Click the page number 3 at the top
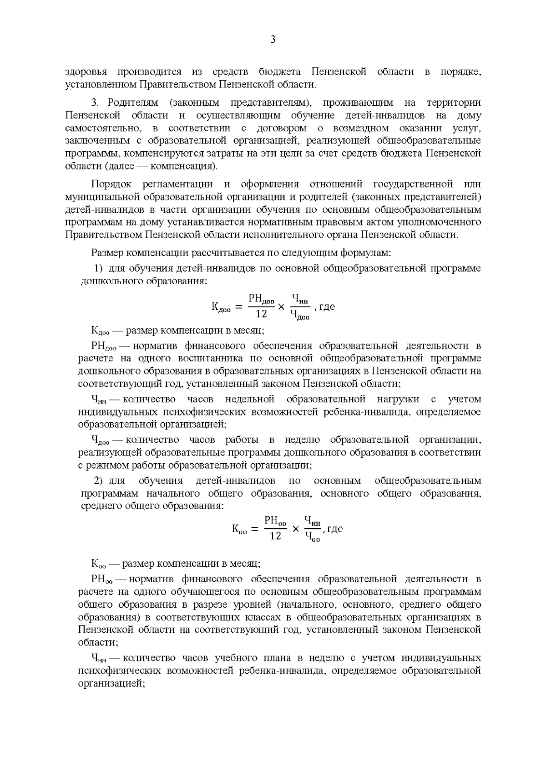(273, 40)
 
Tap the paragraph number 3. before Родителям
(97, 103)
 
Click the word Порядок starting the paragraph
(111, 184)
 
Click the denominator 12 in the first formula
(261, 314)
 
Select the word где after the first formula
(327, 306)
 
